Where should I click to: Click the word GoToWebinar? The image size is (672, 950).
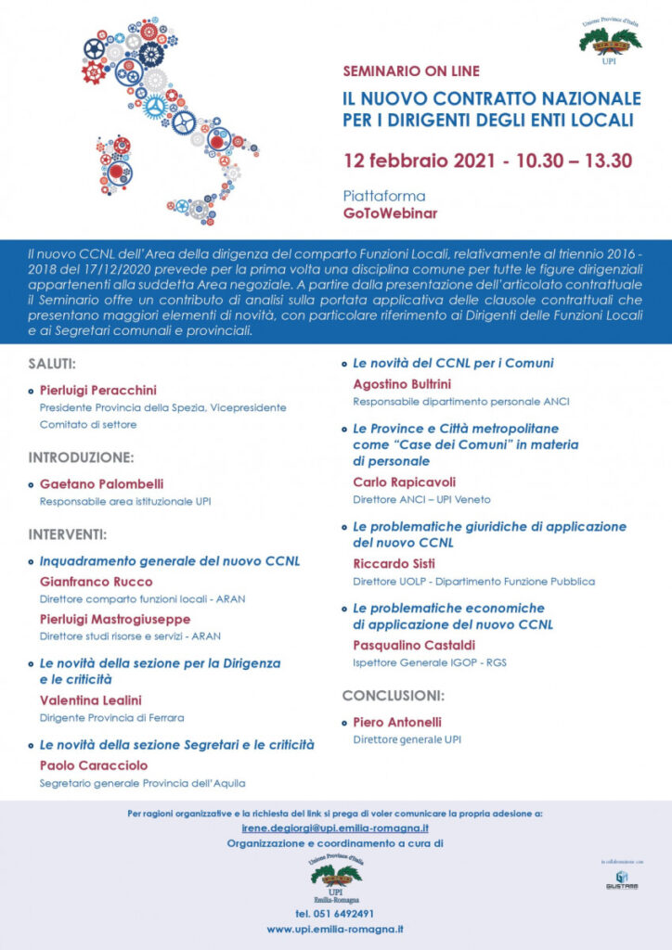[389, 212]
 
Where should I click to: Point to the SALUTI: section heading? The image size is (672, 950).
[52, 366]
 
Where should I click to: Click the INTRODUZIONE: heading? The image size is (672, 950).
[82, 457]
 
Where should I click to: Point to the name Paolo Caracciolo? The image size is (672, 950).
[93, 765]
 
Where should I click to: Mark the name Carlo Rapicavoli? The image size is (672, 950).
[405, 482]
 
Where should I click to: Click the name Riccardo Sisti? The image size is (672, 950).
[394, 563]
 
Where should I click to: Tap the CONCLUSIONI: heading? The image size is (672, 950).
[393, 695]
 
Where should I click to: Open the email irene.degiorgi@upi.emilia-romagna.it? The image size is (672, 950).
[335, 828]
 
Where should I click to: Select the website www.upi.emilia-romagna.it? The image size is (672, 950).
[335, 929]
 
